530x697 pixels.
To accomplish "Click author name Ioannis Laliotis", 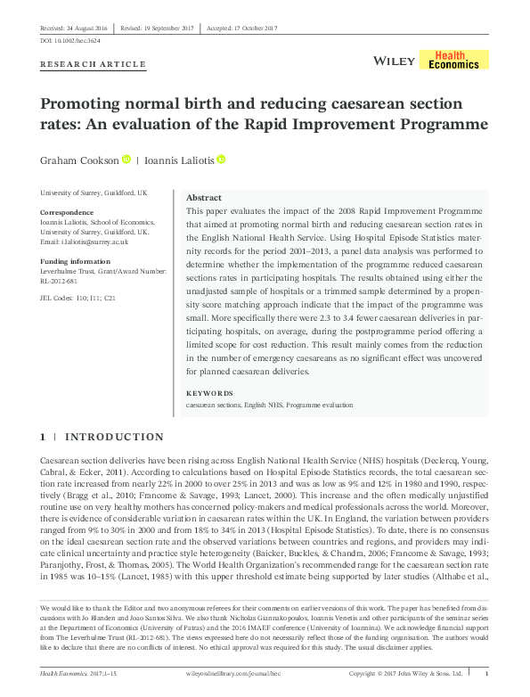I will [193, 160].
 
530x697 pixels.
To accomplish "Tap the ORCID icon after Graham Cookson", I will [127, 160].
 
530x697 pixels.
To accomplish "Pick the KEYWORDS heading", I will [209, 393].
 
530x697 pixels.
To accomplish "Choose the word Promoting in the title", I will [78, 102].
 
